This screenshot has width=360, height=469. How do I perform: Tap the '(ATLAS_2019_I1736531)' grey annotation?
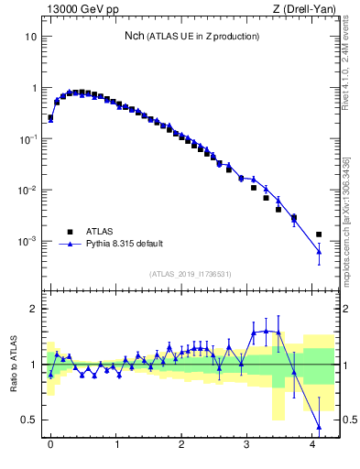pyautogui.click(x=190, y=273)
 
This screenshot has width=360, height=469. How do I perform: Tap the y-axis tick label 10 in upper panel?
pyautogui.click(x=31, y=38)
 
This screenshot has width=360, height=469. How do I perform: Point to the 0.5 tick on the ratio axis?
pyautogui.click(x=30, y=420)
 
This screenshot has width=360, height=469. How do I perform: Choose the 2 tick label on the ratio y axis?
pyautogui.click(x=35, y=310)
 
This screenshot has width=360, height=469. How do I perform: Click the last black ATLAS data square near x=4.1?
pyautogui.click(x=319, y=234)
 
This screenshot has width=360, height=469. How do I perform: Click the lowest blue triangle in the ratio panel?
pyautogui.click(x=319, y=426)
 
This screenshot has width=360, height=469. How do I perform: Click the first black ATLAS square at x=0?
pyautogui.click(x=50, y=117)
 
